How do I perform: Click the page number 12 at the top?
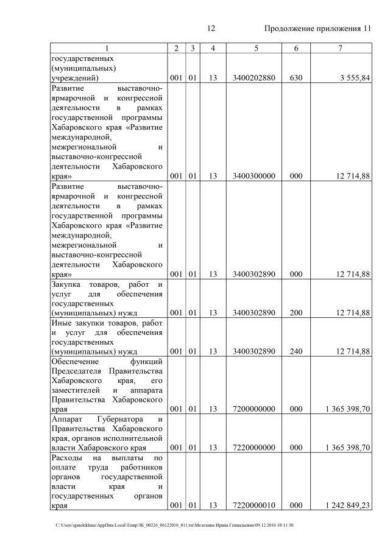[212, 29]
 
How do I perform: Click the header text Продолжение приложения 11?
[317, 29]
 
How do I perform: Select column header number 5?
[253, 48]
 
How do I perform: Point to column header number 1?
[107, 48]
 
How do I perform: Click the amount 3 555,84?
[352, 78]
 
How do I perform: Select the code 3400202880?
[253, 78]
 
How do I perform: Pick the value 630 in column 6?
[296, 78]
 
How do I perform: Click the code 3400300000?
[253, 176]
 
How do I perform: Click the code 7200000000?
[253, 410]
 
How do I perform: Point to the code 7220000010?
[253, 505]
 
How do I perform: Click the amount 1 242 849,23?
[347, 505]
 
